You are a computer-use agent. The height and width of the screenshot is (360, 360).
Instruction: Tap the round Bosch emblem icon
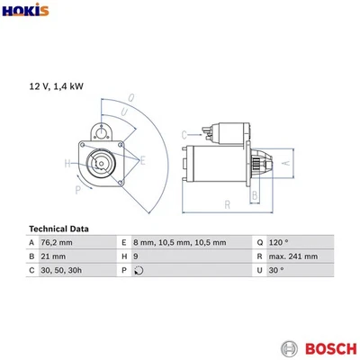pos(289,347)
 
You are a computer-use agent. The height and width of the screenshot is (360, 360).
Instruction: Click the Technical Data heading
pos(65,229)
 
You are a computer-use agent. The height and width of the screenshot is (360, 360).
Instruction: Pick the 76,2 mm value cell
pos(59,243)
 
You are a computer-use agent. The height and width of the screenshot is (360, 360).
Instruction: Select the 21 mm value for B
pos(53,256)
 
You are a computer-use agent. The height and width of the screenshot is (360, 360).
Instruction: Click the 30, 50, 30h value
pos(61,270)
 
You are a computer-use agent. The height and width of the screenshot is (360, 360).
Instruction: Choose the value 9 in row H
pos(135,256)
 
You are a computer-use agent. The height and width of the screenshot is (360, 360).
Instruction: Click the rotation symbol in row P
pos(138,270)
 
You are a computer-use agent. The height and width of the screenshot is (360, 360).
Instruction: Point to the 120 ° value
pos(280,243)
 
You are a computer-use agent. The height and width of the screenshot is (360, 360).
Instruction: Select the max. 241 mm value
pos(293,256)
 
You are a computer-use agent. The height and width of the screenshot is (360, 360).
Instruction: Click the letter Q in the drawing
pos(130,98)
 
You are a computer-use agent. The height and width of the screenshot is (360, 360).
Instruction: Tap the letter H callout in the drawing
pos(67,163)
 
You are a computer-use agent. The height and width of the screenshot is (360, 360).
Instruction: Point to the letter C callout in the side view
pos(184,136)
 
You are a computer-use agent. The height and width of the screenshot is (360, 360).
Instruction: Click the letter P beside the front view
pos(77,191)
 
